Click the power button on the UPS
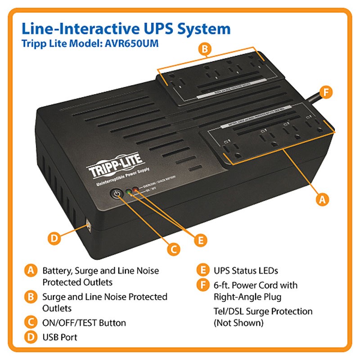point(117,194)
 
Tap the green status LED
point(129,192)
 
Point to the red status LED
point(135,191)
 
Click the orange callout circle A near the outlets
point(321,199)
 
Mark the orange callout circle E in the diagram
point(201,239)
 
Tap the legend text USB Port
point(60,337)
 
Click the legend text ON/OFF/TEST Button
point(84,323)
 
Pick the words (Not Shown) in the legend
point(238,322)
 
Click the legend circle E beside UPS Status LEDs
point(202,270)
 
